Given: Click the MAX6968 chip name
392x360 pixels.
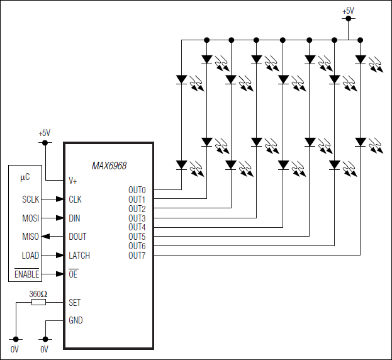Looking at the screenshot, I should click(x=109, y=166).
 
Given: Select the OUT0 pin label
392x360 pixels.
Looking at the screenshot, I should click(x=137, y=190).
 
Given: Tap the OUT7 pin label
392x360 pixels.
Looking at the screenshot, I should click(x=137, y=256).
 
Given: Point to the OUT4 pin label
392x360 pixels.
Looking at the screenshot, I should click(x=137, y=227).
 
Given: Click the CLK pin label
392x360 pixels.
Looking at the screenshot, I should click(x=76, y=200).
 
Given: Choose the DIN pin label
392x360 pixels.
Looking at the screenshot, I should click(x=75, y=218).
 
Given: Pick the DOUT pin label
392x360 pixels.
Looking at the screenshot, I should click(x=77, y=237).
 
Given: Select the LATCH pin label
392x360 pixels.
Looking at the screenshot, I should click(x=79, y=256).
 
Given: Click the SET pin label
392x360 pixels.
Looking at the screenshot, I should click(x=75, y=303).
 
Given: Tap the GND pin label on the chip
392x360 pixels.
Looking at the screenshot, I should click(x=76, y=320).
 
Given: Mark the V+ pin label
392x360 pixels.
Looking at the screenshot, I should click(x=73, y=180).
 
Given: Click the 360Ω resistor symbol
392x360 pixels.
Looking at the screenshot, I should click(x=38, y=303).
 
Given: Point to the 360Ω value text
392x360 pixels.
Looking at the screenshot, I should click(x=38, y=294).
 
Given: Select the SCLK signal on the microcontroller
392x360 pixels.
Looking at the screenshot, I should click(x=30, y=200).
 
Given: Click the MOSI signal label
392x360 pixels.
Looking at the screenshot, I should click(x=30, y=218).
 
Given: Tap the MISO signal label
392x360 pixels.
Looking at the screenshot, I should click(x=30, y=237).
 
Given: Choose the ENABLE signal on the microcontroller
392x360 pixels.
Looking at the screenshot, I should click(x=27, y=274).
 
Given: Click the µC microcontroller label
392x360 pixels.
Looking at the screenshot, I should click(x=25, y=178).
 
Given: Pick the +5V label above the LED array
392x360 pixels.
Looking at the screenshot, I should click(x=348, y=11).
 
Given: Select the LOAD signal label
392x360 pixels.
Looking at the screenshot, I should click(x=30, y=256).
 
